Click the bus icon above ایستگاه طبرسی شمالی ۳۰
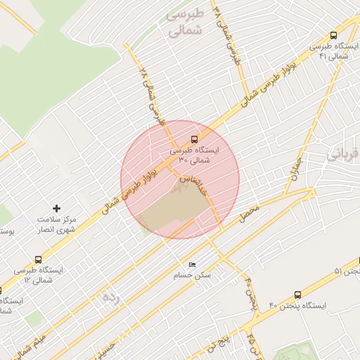tap(195, 139)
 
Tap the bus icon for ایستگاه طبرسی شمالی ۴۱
tap(333, 36)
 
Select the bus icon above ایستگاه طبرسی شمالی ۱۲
tap(38, 259)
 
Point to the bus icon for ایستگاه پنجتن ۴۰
tap(297, 295)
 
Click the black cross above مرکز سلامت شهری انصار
tap(57, 208)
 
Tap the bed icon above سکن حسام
tap(192, 265)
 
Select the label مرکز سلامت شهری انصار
tap(58, 225)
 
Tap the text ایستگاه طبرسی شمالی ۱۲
tap(38, 275)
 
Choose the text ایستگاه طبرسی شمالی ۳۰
tap(195, 155)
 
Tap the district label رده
tap(111, 297)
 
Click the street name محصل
tap(250, 214)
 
